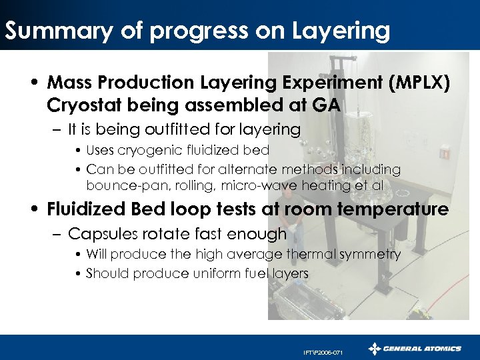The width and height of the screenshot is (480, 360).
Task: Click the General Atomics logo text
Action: click(x=424, y=348)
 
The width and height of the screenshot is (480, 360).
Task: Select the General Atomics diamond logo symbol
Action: click(x=375, y=348)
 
